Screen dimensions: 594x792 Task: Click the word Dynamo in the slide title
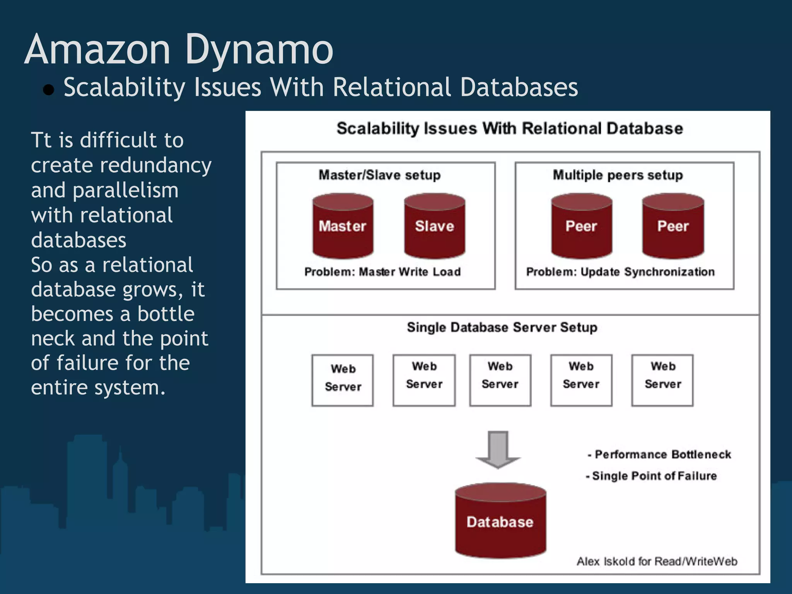click(259, 50)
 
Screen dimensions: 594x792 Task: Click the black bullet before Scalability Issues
click(49, 90)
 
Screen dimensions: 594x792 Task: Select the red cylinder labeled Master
click(343, 226)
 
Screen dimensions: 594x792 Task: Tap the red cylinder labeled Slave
click(434, 226)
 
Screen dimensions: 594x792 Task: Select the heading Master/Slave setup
click(379, 175)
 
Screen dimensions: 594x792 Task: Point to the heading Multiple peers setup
click(618, 175)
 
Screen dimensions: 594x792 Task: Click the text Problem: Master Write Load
click(382, 272)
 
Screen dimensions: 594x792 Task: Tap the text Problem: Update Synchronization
click(620, 272)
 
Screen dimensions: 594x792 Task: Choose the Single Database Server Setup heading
click(502, 328)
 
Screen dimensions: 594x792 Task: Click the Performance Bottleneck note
click(659, 454)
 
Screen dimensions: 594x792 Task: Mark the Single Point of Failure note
click(652, 476)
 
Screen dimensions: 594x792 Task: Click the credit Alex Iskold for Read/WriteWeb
click(657, 561)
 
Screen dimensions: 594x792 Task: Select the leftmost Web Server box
click(343, 380)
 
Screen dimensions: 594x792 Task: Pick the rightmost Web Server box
click(662, 380)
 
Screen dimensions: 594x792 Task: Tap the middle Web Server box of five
click(500, 380)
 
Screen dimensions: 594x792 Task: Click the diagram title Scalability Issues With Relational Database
click(509, 128)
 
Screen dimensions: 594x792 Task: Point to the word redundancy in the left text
click(155, 166)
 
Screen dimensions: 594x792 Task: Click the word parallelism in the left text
click(126, 191)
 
